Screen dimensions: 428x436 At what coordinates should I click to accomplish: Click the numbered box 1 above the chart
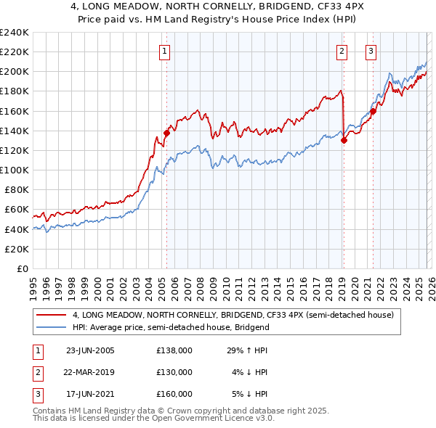coord(166,51)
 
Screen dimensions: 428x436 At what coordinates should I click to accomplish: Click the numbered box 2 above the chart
coord(342,51)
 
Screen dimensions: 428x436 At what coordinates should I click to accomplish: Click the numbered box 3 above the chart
coord(371,51)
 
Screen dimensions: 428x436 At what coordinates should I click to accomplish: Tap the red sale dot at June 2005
coord(166,133)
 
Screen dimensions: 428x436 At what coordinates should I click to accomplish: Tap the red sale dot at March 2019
coord(344,141)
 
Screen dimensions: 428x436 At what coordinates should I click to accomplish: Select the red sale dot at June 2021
coord(373,111)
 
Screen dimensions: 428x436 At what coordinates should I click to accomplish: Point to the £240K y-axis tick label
coord(14,33)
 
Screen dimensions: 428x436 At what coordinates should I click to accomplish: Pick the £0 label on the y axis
coord(21,268)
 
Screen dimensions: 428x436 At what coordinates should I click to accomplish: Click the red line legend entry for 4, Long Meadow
coord(233,316)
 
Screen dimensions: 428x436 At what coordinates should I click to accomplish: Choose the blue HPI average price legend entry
coord(171,327)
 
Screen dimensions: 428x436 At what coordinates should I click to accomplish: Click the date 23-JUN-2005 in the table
coord(90,350)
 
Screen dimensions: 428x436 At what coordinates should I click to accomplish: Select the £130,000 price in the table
coord(174,372)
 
